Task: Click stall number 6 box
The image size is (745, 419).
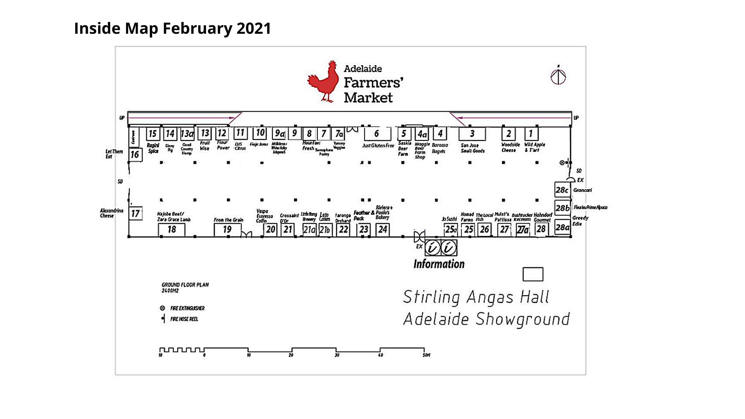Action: [x=377, y=134]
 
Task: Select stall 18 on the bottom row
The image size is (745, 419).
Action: [x=172, y=230]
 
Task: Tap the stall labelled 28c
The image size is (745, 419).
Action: [x=562, y=190]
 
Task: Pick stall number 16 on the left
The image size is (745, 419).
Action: [x=135, y=155]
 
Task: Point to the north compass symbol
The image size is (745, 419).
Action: [x=558, y=76]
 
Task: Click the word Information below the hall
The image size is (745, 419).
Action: [x=439, y=264]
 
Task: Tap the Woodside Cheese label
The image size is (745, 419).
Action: [x=510, y=147]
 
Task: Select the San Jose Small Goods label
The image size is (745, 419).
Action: [x=473, y=148]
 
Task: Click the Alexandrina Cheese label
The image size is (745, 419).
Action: [x=111, y=213]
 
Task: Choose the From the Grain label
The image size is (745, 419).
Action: [x=229, y=220]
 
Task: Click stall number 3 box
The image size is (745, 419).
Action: [x=472, y=134]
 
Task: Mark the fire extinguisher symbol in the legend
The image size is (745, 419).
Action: [x=163, y=308]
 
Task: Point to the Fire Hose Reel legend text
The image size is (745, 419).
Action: [x=184, y=319]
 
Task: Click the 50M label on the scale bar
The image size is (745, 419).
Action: [x=426, y=355]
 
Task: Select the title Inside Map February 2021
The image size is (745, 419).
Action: [x=172, y=28]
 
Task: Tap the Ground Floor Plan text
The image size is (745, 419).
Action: [x=185, y=285]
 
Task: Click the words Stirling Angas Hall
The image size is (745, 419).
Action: [x=476, y=297]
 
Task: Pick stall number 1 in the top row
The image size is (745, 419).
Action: [x=531, y=134]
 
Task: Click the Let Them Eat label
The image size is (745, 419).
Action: [x=114, y=154]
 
